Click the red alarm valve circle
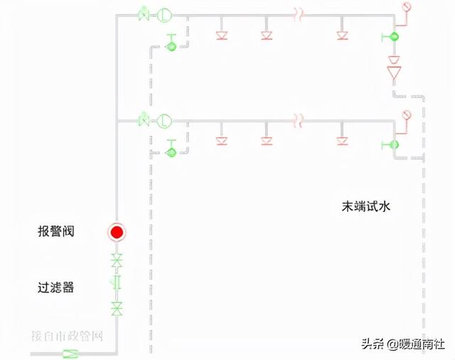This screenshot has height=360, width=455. pos(117,232)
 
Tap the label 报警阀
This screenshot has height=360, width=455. pos(56,232)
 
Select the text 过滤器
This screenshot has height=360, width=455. pos(56,288)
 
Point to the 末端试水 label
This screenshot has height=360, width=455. pos(367,207)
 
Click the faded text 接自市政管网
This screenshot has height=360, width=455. pos(68,335)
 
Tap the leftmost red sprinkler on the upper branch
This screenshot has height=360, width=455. pos(220,33)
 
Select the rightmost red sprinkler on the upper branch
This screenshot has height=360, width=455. pos(342,33)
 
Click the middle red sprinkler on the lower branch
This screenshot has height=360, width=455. pos(267,139)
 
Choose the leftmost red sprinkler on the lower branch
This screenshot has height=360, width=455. pos(220,139)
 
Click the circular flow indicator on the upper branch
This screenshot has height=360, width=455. pos(164,14)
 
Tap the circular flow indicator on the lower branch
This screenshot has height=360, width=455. pos(164,120)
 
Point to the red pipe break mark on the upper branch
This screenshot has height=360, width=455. pos(300,14)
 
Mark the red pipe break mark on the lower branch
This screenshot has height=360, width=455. pos(300,120)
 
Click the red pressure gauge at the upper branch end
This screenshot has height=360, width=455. pos(407,7)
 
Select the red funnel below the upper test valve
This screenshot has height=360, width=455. pos(394,73)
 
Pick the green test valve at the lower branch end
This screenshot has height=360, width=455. pos(392,144)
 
